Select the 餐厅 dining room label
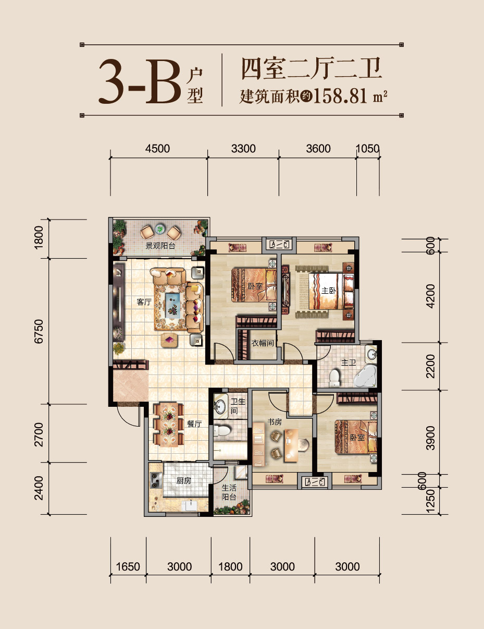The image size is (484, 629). pos(194,425)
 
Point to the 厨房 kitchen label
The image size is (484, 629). pos(183,481)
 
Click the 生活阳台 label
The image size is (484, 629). pos(229,492)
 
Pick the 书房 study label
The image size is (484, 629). pos(275,421)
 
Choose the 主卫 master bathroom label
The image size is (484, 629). pos(348,362)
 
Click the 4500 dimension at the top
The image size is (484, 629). pos(158,149)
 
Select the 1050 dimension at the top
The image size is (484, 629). pos(367,149)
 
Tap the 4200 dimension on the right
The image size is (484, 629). pos(430,296)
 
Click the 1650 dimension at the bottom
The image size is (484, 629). pos(128,567)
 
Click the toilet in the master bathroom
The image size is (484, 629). pos(334,377)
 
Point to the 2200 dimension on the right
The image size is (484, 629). pos(430,366)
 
